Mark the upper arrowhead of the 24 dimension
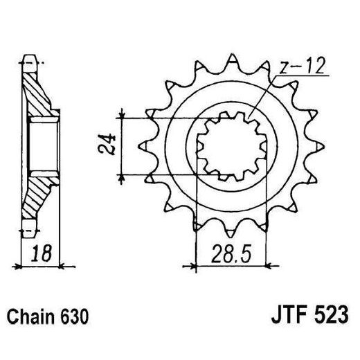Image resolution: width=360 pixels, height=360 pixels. coord(123,114)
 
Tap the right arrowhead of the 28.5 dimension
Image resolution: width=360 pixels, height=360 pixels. coord(266,263)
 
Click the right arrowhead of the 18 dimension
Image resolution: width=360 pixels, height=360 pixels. coord(61,264)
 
